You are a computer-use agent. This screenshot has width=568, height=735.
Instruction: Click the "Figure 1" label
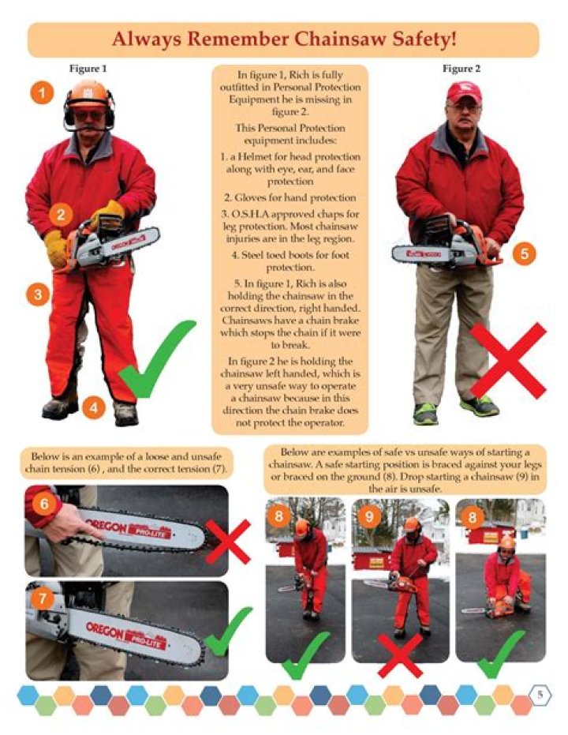tap(88, 69)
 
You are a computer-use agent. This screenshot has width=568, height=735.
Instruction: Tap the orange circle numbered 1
tap(43, 94)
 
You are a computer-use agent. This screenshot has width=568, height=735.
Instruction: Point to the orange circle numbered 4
tap(93, 407)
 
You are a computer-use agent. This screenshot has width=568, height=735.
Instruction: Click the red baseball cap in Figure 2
tap(463, 92)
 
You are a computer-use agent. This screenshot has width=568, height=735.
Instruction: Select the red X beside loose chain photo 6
tap(228, 542)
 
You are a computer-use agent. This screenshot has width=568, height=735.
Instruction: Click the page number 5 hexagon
tap(541, 695)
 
